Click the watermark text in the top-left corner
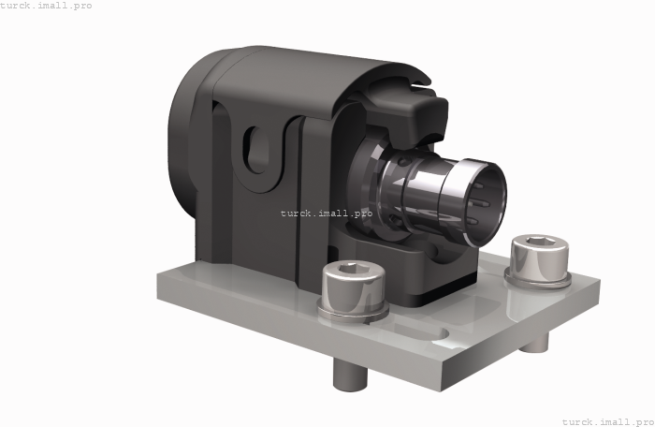46,6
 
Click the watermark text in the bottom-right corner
607,421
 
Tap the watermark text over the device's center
326,213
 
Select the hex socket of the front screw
353,270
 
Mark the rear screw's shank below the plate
534,344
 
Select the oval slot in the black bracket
255,151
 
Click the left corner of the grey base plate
157,274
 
